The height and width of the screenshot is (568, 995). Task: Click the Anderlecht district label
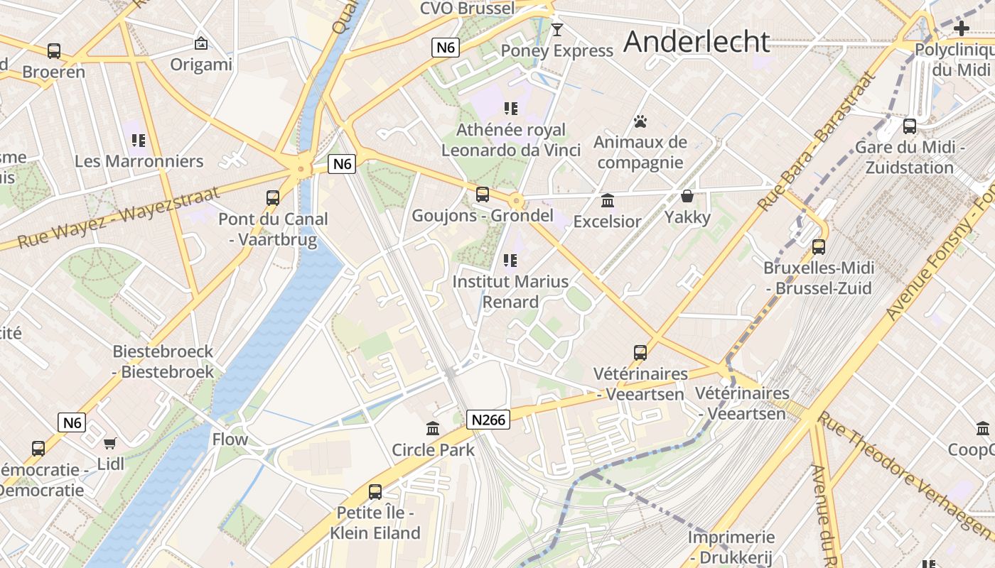[696, 42]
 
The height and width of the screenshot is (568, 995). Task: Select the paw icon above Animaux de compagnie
[640, 121]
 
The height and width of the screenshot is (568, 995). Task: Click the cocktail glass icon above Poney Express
[556, 30]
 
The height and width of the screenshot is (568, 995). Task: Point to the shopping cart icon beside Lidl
[109, 443]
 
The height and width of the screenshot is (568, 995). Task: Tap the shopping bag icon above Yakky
[687, 196]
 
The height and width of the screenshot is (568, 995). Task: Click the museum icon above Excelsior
[607, 201]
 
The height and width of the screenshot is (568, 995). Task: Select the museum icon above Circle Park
[433, 428]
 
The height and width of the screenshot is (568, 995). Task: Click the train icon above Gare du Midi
[909, 126]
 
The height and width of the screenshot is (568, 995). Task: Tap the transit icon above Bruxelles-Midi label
[818, 247]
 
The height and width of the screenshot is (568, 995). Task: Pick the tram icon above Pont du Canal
[273, 198]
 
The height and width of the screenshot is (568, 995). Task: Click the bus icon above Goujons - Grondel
[483, 195]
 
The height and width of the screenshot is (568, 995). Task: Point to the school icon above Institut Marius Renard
[510, 261]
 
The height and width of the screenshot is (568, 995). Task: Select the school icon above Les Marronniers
[139, 140]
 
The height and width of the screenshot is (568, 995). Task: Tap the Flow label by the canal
[230, 439]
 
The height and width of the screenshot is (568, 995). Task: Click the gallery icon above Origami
[201, 44]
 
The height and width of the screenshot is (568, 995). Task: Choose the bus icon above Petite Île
[375, 491]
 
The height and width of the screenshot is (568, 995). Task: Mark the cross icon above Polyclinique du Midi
[962, 28]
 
